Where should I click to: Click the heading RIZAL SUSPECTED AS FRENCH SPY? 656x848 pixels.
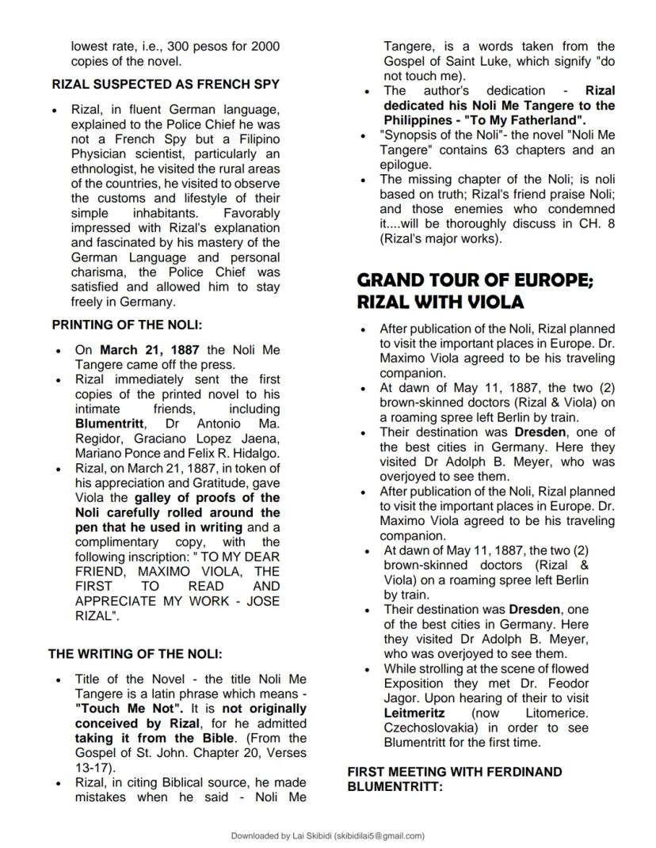tap(165, 84)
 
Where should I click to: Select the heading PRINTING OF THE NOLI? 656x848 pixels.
tap(128, 325)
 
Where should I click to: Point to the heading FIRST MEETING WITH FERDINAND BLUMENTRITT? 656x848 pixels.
tap(454, 779)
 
